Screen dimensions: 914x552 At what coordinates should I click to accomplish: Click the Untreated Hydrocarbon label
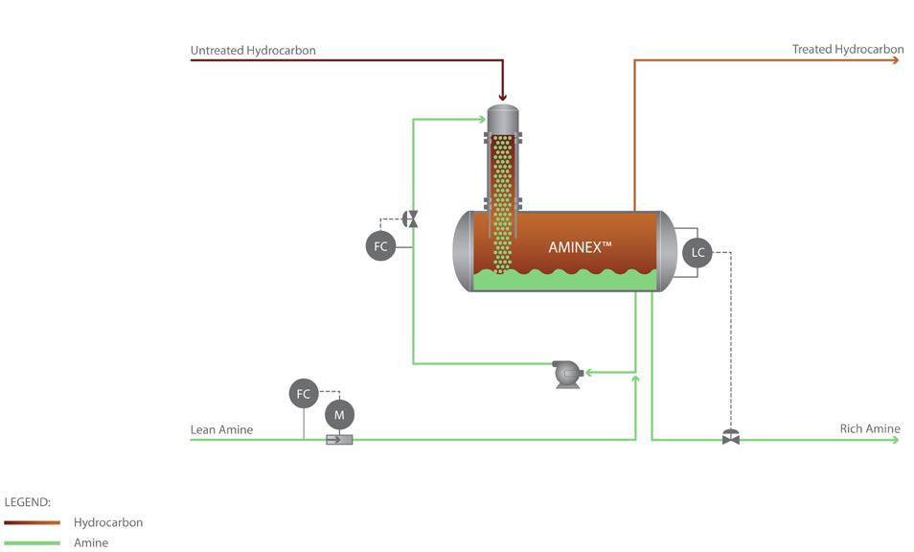(x=253, y=51)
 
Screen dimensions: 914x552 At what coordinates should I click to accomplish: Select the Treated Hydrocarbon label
(x=848, y=50)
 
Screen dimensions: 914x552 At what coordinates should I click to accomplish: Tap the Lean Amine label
(x=221, y=429)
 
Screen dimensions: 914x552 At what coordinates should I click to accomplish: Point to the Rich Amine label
(x=870, y=429)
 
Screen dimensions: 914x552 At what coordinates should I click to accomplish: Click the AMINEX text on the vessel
(x=580, y=247)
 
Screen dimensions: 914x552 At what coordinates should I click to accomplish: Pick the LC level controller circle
(x=697, y=252)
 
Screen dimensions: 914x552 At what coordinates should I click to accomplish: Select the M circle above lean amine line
(x=339, y=415)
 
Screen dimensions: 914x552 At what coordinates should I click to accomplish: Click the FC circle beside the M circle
(x=304, y=394)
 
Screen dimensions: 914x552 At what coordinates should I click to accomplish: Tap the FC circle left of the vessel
(x=380, y=246)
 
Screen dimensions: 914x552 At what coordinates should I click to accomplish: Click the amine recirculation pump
(x=567, y=374)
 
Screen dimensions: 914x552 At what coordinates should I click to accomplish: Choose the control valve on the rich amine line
(x=731, y=437)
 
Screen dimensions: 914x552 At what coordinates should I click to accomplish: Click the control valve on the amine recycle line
(x=411, y=219)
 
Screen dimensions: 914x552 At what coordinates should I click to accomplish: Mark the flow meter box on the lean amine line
(x=339, y=440)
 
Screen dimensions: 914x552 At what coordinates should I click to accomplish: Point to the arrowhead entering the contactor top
(x=502, y=98)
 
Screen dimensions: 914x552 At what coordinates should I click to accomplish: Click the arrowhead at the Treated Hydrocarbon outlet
(x=896, y=60)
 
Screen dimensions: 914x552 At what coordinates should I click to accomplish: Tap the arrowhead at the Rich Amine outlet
(x=896, y=440)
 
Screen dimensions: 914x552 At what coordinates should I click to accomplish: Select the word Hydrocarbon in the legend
(x=108, y=522)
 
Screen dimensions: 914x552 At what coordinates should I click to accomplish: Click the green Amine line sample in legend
(x=32, y=542)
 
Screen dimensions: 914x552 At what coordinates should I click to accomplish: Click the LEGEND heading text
(x=28, y=502)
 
